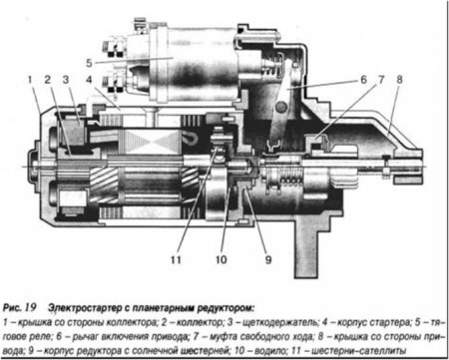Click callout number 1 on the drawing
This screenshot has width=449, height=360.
click(31, 77)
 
